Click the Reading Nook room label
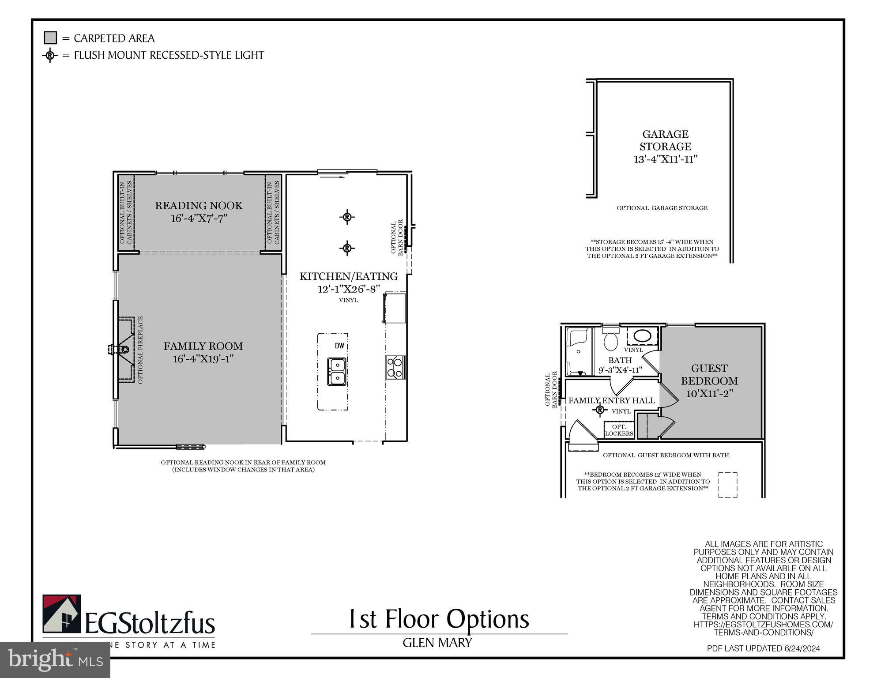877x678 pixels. tap(199, 205)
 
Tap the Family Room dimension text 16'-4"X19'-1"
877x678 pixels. tap(203, 358)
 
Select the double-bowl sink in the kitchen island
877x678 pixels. tap(336, 372)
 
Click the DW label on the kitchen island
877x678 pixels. tap(339, 346)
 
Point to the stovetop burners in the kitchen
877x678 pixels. tap(395, 367)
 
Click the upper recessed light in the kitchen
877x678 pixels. tap(347, 217)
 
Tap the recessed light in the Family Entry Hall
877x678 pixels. tap(599, 410)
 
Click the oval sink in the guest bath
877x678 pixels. tap(642, 336)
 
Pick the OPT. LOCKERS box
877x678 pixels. tap(619, 430)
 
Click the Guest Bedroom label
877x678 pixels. tap(709, 374)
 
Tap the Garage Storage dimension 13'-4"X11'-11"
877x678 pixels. tap(666, 159)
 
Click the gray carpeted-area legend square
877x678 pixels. tap(50, 38)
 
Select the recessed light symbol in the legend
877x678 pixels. tap(50, 55)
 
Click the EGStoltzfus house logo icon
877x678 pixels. tap(61, 614)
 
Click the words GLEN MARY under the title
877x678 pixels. tap(437, 643)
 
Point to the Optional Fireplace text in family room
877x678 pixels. tap(140, 350)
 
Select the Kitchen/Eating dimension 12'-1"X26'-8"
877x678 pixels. tap(349, 289)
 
